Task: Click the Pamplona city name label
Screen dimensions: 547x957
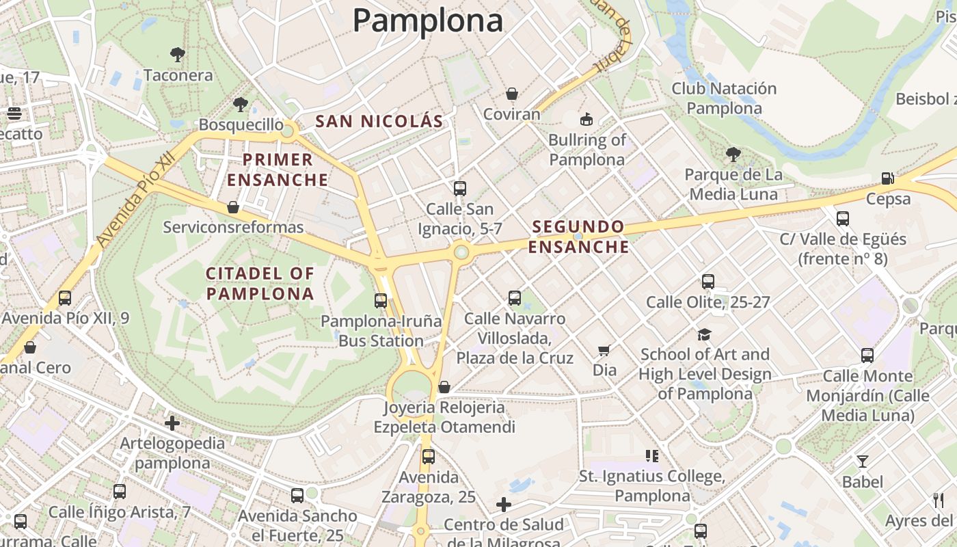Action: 428,21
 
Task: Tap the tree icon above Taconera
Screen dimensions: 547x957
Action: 178,54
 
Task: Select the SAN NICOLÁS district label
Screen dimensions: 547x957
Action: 379,122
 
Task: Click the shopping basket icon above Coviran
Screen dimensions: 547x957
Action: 511,94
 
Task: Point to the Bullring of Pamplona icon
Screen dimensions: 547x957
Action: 586,120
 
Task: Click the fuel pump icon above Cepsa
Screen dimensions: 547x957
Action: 888,178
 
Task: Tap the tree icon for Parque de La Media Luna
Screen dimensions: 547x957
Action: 733,155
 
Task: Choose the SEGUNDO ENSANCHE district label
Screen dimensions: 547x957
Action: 578,237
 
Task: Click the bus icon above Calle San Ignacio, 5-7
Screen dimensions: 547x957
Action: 460,188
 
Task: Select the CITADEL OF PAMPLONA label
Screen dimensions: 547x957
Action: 260,284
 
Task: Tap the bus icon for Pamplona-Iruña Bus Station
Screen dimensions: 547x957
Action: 381,300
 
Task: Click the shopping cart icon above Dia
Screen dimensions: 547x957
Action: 604,350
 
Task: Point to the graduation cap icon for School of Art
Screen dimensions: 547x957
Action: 704,334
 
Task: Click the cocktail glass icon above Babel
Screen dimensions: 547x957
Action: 863,462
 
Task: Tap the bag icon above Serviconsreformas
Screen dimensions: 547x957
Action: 233,206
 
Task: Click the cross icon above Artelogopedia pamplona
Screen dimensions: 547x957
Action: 172,423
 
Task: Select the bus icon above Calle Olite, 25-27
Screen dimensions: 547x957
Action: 708,281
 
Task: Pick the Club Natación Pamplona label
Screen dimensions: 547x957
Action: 724,98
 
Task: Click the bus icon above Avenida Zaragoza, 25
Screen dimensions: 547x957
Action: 429,456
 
